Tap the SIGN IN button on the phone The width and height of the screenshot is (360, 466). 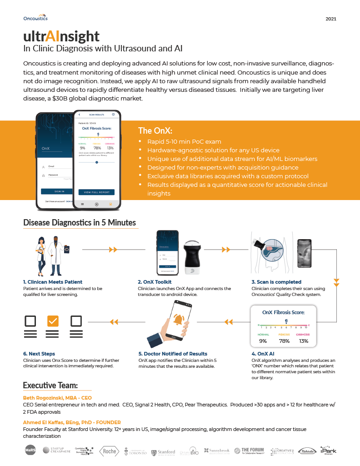tap(59, 191)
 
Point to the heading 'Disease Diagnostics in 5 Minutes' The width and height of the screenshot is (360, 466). tap(80, 223)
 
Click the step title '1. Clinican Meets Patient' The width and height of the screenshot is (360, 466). tap(53, 282)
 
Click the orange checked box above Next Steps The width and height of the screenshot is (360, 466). tap(53, 321)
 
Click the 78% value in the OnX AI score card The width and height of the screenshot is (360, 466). tap(285, 341)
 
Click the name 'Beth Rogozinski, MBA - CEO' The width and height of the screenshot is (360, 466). tap(58, 397)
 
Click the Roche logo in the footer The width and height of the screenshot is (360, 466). tap(109, 451)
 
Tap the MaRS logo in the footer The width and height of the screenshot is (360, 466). tap(30, 451)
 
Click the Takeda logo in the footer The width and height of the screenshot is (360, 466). tap(307, 451)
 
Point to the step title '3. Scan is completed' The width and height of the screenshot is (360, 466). tap(276, 282)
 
